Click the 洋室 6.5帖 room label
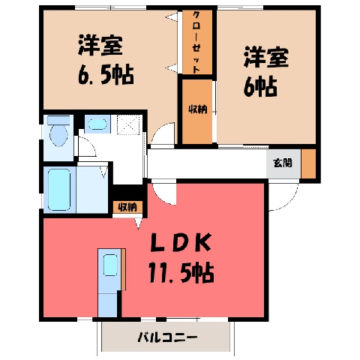(105, 60)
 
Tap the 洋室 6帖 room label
(266, 72)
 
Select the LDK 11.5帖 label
(181, 258)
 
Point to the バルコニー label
(168, 337)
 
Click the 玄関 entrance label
(283, 163)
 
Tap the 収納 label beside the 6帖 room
(198, 109)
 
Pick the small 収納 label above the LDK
(127, 207)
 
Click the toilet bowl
(58, 135)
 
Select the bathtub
(59, 190)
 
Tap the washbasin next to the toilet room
(97, 124)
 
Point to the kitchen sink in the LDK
(110, 265)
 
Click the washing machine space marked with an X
(128, 124)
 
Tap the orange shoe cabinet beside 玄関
(308, 163)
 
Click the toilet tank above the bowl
(58, 120)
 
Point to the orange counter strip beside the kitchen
(123, 269)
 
